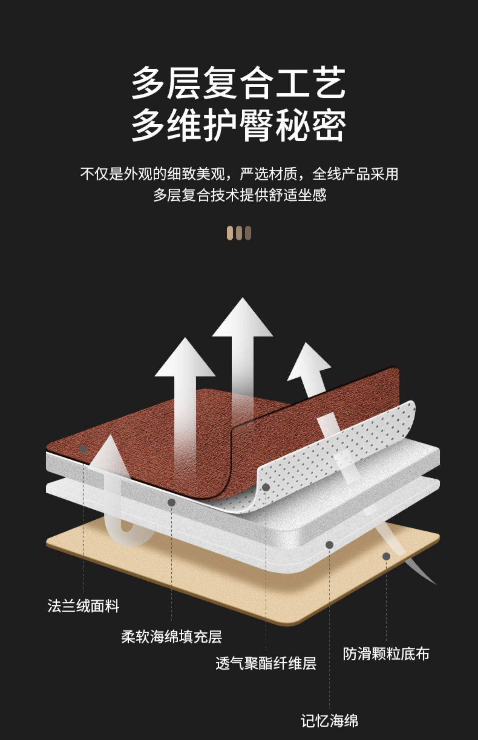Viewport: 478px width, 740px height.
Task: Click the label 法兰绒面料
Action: click(x=83, y=606)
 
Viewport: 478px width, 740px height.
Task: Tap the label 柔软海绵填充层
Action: click(x=171, y=636)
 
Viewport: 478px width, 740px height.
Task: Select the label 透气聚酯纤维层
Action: click(x=266, y=664)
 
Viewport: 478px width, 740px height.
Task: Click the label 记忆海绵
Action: click(x=329, y=721)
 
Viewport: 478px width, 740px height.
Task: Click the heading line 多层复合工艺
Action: click(x=238, y=83)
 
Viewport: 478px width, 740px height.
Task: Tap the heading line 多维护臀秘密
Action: click(x=238, y=126)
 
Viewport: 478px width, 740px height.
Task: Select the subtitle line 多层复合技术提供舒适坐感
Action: click(x=240, y=195)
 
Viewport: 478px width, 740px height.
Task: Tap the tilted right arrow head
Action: click(x=308, y=363)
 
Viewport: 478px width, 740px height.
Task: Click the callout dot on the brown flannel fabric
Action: click(x=83, y=449)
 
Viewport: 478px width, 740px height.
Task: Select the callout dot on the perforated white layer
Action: click(x=266, y=487)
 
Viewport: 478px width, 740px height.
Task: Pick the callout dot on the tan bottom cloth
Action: click(x=386, y=556)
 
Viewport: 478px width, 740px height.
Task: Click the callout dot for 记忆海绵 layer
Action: click(x=329, y=545)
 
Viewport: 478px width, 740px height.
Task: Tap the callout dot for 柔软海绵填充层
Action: click(x=171, y=503)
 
